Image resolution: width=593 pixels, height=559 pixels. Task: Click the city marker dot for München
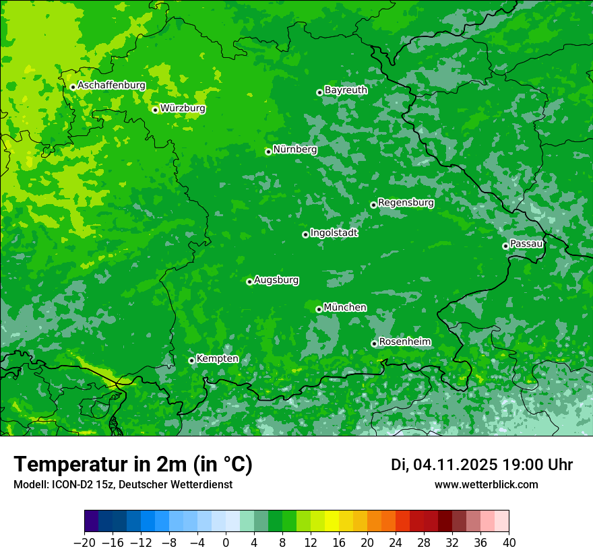click(319, 309)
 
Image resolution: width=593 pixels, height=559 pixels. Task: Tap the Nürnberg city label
click(295, 150)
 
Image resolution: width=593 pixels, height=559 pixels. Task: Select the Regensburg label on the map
click(406, 203)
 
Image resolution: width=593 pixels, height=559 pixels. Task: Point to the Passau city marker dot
click(505, 246)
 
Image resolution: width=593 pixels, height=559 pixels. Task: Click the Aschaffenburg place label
click(111, 86)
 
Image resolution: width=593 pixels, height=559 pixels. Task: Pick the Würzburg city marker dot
click(155, 110)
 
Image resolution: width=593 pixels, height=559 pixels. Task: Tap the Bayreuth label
click(346, 90)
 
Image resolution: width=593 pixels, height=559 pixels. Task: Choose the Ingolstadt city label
click(334, 233)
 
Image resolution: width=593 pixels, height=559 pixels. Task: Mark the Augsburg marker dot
click(249, 282)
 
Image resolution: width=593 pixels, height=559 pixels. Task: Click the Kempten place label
click(217, 359)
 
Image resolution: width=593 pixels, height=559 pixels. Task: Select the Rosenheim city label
click(404, 342)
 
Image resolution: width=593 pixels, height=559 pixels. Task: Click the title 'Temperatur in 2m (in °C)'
click(133, 464)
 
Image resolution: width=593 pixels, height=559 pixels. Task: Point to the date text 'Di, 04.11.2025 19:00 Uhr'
click(482, 465)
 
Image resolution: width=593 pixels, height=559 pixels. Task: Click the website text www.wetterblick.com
click(486, 484)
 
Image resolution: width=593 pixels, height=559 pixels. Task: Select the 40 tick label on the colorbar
click(509, 543)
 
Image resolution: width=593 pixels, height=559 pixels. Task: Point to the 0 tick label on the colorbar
click(226, 543)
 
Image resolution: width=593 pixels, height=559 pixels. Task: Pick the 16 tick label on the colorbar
click(339, 543)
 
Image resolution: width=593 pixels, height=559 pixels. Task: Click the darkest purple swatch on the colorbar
click(91, 521)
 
